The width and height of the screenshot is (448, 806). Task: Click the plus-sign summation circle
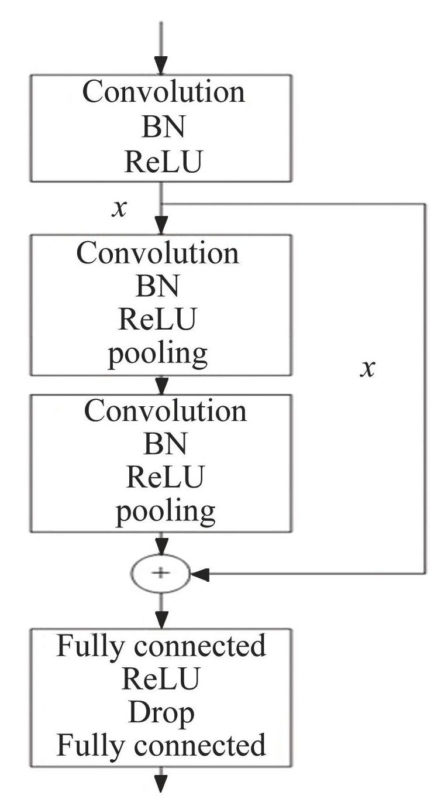pyautogui.click(x=160, y=573)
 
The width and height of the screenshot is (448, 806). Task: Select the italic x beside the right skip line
pyautogui.click(x=367, y=369)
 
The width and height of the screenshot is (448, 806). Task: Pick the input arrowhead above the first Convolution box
pyautogui.click(x=160, y=65)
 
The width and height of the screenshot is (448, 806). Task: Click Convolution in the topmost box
pyautogui.click(x=163, y=92)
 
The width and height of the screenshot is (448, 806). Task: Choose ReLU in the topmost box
pyautogui.click(x=162, y=163)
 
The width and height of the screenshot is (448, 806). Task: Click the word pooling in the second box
pyautogui.click(x=157, y=352)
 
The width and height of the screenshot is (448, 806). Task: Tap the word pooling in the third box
pyautogui.click(x=165, y=512)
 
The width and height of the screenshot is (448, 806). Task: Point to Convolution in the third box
pyautogui.click(x=166, y=411)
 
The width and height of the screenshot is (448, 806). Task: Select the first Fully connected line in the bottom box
pyautogui.click(x=161, y=646)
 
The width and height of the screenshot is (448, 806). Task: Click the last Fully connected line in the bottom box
pyautogui.click(x=161, y=745)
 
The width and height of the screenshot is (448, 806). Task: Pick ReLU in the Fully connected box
pyautogui.click(x=161, y=679)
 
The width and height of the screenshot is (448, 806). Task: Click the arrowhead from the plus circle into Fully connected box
pyautogui.click(x=161, y=619)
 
